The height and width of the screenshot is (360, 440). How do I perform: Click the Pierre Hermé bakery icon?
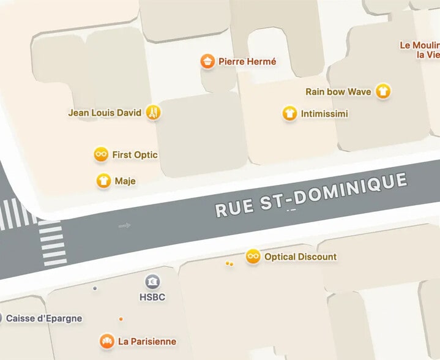pyautogui.click(x=208, y=61)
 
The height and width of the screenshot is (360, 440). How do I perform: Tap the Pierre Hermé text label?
pyautogui.click(x=247, y=61)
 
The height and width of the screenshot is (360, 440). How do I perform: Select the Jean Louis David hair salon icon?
pyautogui.click(x=154, y=113)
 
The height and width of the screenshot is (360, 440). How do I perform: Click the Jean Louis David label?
pyautogui.click(x=105, y=113)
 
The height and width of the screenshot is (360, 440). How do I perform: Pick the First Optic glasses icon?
pyautogui.click(x=101, y=154)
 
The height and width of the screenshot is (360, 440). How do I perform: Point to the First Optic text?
pyautogui.click(x=135, y=155)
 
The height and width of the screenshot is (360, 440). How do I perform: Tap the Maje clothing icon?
pyautogui.click(x=103, y=181)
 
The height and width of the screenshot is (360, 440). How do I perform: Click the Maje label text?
pyautogui.click(x=125, y=181)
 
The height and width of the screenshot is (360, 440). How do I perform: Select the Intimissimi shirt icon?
pyautogui.click(x=289, y=113)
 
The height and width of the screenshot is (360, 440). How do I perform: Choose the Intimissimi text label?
pyautogui.click(x=324, y=114)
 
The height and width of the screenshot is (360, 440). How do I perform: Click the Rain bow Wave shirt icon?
pyautogui.click(x=383, y=91)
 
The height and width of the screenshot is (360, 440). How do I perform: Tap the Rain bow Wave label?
pyautogui.click(x=338, y=92)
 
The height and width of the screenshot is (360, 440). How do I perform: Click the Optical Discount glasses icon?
pyautogui.click(x=253, y=257)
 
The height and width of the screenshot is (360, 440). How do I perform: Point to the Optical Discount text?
pyautogui.click(x=300, y=257)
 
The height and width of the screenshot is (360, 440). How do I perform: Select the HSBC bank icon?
pyautogui.click(x=152, y=282)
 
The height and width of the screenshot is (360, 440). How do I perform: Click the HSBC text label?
pyautogui.click(x=152, y=297)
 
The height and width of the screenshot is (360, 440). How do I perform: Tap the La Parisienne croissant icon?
pyautogui.click(x=106, y=341)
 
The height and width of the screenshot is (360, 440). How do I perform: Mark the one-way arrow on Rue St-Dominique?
pyautogui.click(x=125, y=226)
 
